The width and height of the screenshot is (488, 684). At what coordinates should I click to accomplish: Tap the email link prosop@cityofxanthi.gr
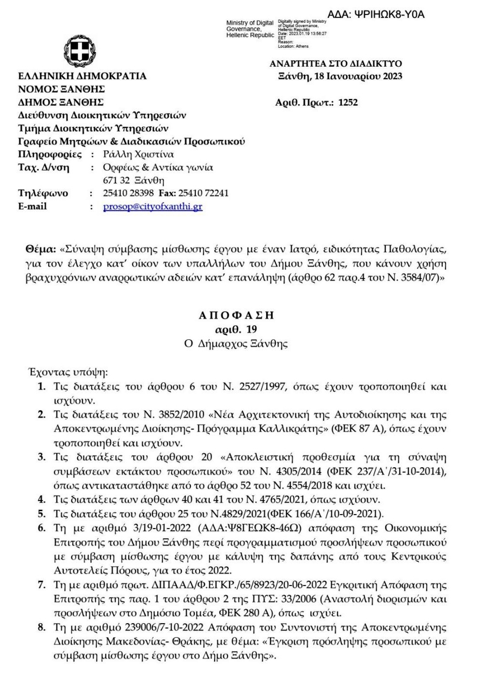pyautogui.click(x=152, y=207)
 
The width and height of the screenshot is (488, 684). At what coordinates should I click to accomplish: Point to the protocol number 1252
pyautogui.click(x=348, y=102)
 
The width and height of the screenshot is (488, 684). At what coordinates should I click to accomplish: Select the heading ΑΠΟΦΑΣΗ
pyautogui.click(x=236, y=316)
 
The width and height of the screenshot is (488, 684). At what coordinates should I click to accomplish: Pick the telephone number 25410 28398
pyautogui.click(x=128, y=194)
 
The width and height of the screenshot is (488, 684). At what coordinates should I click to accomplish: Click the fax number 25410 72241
pyautogui.click(x=203, y=194)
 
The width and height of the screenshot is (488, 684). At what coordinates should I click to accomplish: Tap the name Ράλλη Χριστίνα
pyautogui.click(x=138, y=154)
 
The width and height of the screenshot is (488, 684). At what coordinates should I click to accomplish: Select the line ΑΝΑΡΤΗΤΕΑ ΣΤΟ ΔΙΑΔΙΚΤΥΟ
pyautogui.click(x=336, y=64)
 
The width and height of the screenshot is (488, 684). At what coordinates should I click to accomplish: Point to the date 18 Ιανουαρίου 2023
pyautogui.click(x=358, y=76)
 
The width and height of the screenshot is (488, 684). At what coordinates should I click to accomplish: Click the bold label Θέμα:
pyautogui.click(x=40, y=250)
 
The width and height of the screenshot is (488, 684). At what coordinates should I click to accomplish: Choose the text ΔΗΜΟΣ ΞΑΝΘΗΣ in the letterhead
pyautogui.click(x=61, y=102)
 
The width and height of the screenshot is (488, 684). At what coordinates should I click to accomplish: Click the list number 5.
pyautogui.click(x=42, y=514)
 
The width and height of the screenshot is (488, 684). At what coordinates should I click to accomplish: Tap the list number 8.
pyautogui.click(x=42, y=628)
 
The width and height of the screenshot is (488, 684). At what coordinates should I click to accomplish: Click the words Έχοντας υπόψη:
pyautogui.click(x=68, y=372)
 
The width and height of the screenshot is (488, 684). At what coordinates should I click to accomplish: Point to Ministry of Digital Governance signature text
pyautogui.click(x=250, y=29)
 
